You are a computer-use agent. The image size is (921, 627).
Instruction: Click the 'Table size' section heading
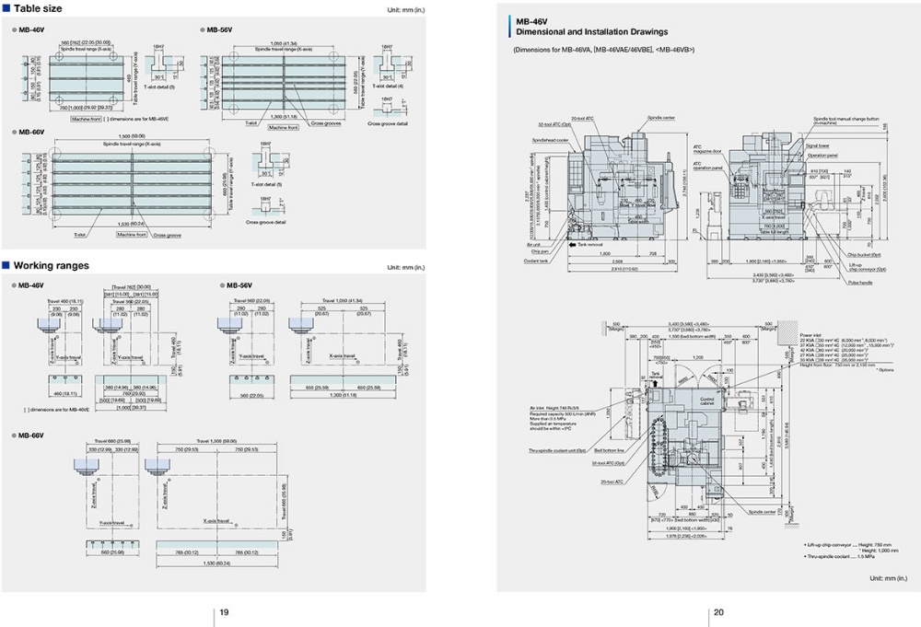(x=38, y=8)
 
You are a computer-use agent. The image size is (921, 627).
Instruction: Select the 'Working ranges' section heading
(x=51, y=266)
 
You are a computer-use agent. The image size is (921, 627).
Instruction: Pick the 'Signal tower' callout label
(x=818, y=145)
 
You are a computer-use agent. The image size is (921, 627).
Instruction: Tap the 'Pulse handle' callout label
(x=860, y=283)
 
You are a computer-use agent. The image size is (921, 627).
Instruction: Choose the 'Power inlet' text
(x=811, y=335)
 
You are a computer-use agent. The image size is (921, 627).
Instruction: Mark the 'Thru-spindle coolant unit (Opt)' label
(x=556, y=450)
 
